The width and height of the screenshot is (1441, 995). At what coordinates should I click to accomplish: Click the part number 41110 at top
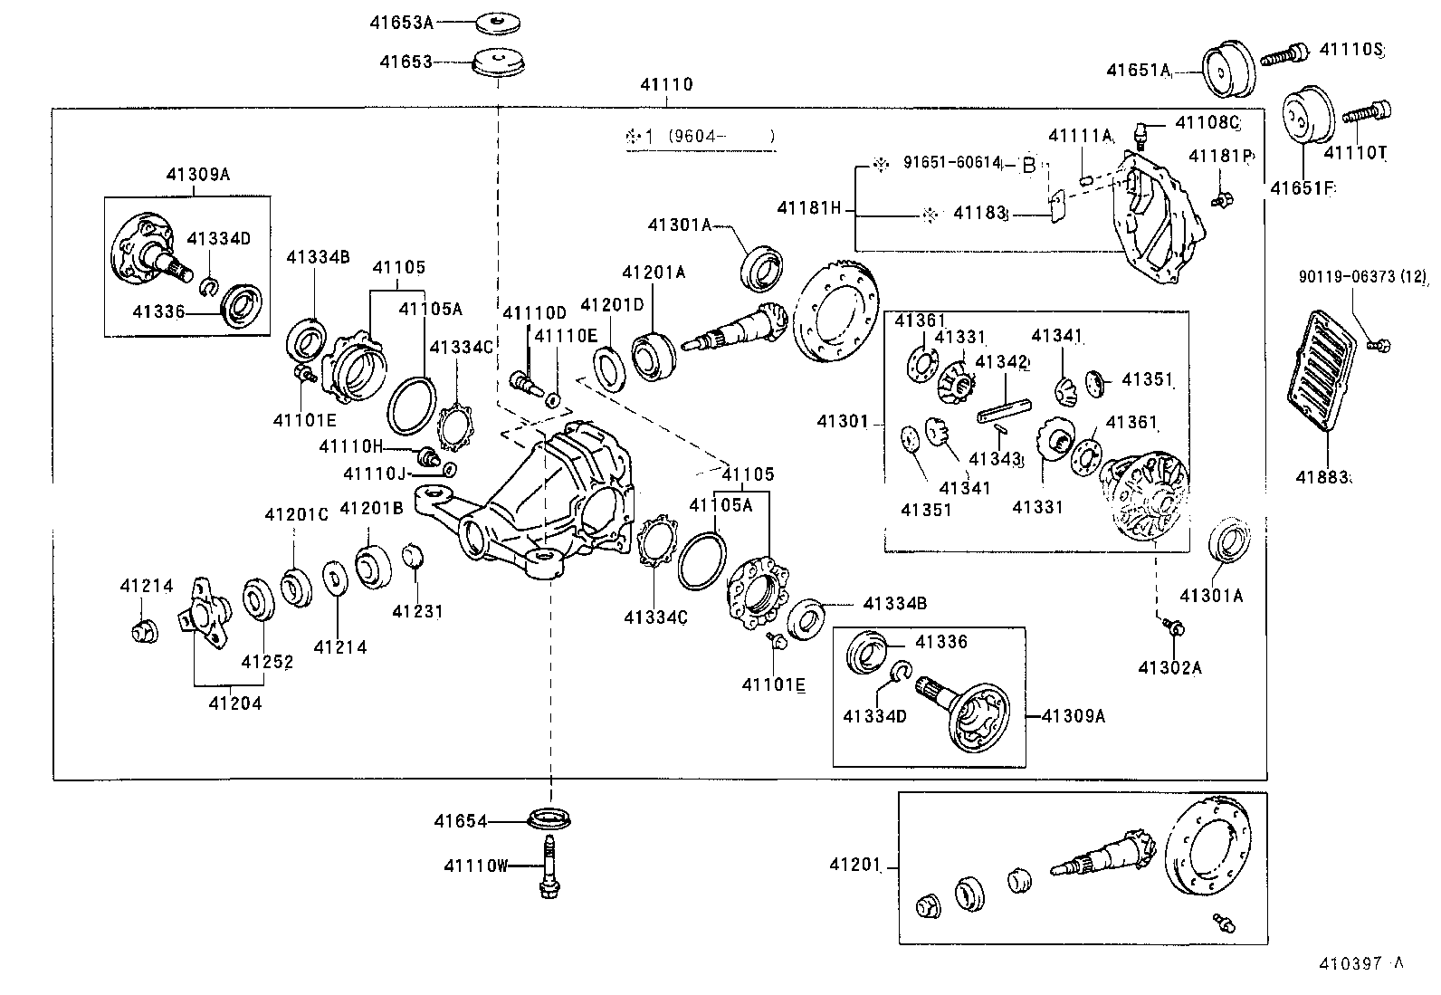click(x=666, y=84)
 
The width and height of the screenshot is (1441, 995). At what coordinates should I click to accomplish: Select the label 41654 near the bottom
click(x=460, y=821)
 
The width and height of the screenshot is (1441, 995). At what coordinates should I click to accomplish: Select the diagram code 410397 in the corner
click(x=1352, y=965)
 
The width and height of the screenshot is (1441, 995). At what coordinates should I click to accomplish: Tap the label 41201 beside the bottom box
click(x=854, y=866)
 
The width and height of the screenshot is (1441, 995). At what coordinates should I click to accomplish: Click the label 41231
click(x=417, y=611)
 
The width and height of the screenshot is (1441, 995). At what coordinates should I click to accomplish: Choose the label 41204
click(x=234, y=703)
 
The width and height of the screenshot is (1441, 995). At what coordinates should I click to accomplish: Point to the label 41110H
click(x=351, y=445)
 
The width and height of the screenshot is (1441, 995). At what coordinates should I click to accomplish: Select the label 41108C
click(x=1207, y=121)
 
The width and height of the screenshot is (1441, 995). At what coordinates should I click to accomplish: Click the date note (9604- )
click(x=720, y=137)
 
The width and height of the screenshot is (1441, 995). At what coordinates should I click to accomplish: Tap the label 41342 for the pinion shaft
click(x=1003, y=363)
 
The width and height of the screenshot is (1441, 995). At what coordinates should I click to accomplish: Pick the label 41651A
click(x=1139, y=70)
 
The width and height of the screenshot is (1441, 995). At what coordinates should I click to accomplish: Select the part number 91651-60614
click(x=952, y=163)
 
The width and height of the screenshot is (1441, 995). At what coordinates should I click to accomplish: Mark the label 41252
click(x=267, y=662)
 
